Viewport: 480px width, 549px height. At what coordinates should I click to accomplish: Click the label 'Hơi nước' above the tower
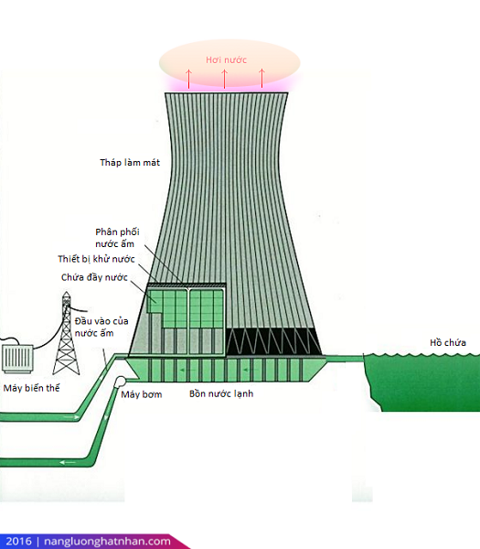226,59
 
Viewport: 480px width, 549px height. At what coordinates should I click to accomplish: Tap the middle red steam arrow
225,79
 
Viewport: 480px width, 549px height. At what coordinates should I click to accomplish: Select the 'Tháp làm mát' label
130,163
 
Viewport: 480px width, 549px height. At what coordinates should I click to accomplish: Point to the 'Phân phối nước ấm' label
117,238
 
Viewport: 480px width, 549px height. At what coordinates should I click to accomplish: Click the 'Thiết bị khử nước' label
96,259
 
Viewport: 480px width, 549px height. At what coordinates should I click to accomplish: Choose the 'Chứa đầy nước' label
94,277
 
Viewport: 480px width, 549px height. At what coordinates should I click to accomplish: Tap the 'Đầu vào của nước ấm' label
101,327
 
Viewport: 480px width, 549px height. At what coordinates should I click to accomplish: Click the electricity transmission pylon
66,333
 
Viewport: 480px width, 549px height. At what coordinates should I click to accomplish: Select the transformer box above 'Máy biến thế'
17,358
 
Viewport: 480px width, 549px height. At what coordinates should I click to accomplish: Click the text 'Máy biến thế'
31,388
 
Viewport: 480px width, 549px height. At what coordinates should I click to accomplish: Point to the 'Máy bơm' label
142,394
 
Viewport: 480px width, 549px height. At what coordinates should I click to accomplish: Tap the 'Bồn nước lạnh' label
221,393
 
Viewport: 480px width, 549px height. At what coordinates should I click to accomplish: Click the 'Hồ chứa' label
448,342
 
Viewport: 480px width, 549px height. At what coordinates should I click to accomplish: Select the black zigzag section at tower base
273,341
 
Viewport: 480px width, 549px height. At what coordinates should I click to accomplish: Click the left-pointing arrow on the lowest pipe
68,462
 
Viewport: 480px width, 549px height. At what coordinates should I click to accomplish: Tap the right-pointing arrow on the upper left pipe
71,417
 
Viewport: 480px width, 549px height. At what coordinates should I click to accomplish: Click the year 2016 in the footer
18,542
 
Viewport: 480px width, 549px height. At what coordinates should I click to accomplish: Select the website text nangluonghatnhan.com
107,542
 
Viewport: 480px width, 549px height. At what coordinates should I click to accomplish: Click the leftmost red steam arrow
188,79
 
